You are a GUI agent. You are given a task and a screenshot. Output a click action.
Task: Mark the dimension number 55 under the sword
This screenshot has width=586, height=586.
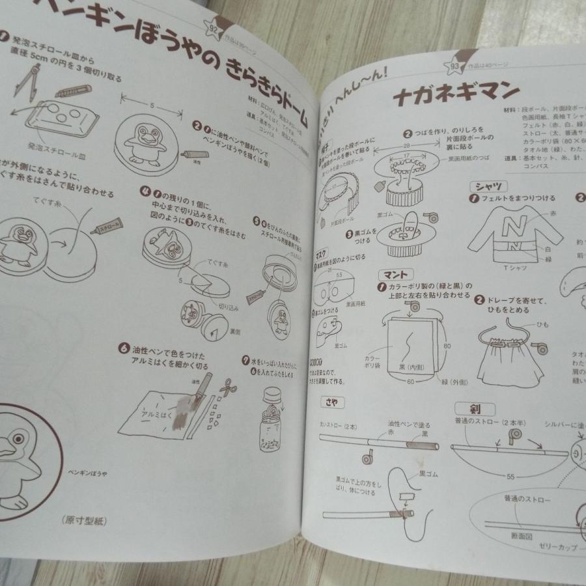click(x=510, y=476)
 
